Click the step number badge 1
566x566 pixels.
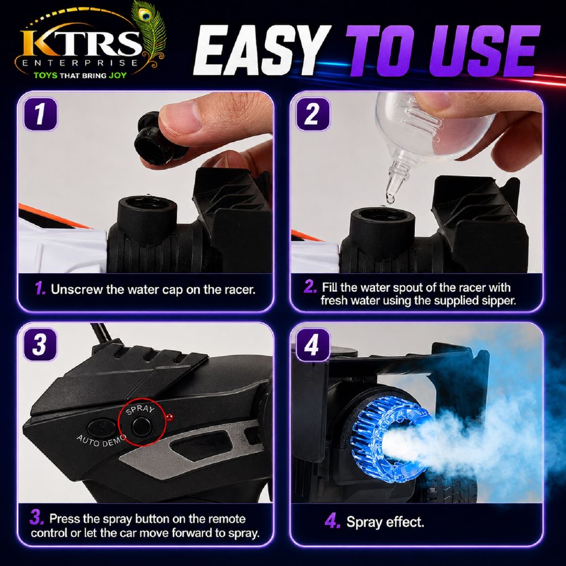pos(40,114)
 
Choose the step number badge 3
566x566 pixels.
pos(40,344)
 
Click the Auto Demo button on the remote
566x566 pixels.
pos(102,427)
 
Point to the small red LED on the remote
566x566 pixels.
pos(170,418)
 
